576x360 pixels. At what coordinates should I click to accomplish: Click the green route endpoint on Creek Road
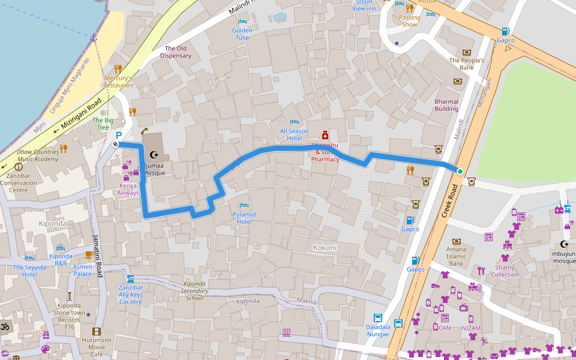(460, 172)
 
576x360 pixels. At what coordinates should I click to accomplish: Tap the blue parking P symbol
(118, 136)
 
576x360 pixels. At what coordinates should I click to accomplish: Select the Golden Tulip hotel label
(242, 34)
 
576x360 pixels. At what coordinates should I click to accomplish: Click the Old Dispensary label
(176, 52)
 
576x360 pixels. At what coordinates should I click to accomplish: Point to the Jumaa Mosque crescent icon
(154, 155)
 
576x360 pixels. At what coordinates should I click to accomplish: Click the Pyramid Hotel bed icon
(244, 205)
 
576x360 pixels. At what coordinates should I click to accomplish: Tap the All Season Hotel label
(294, 134)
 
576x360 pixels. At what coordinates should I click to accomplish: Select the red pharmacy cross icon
(325, 134)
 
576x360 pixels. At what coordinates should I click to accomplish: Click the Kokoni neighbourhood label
(325, 247)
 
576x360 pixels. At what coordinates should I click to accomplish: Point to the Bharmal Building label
(446, 105)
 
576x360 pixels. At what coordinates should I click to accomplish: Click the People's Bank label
(466, 64)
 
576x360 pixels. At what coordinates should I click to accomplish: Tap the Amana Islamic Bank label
(456, 256)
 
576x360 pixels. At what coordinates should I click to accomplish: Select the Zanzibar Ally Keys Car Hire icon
(130, 278)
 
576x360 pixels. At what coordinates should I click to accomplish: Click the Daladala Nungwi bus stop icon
(378, 318)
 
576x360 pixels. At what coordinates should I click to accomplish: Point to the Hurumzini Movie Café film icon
(97, 331)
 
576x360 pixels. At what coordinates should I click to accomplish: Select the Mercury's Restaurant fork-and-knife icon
(118, 69)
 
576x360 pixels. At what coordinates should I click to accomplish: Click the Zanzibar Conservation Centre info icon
(19, 167)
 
